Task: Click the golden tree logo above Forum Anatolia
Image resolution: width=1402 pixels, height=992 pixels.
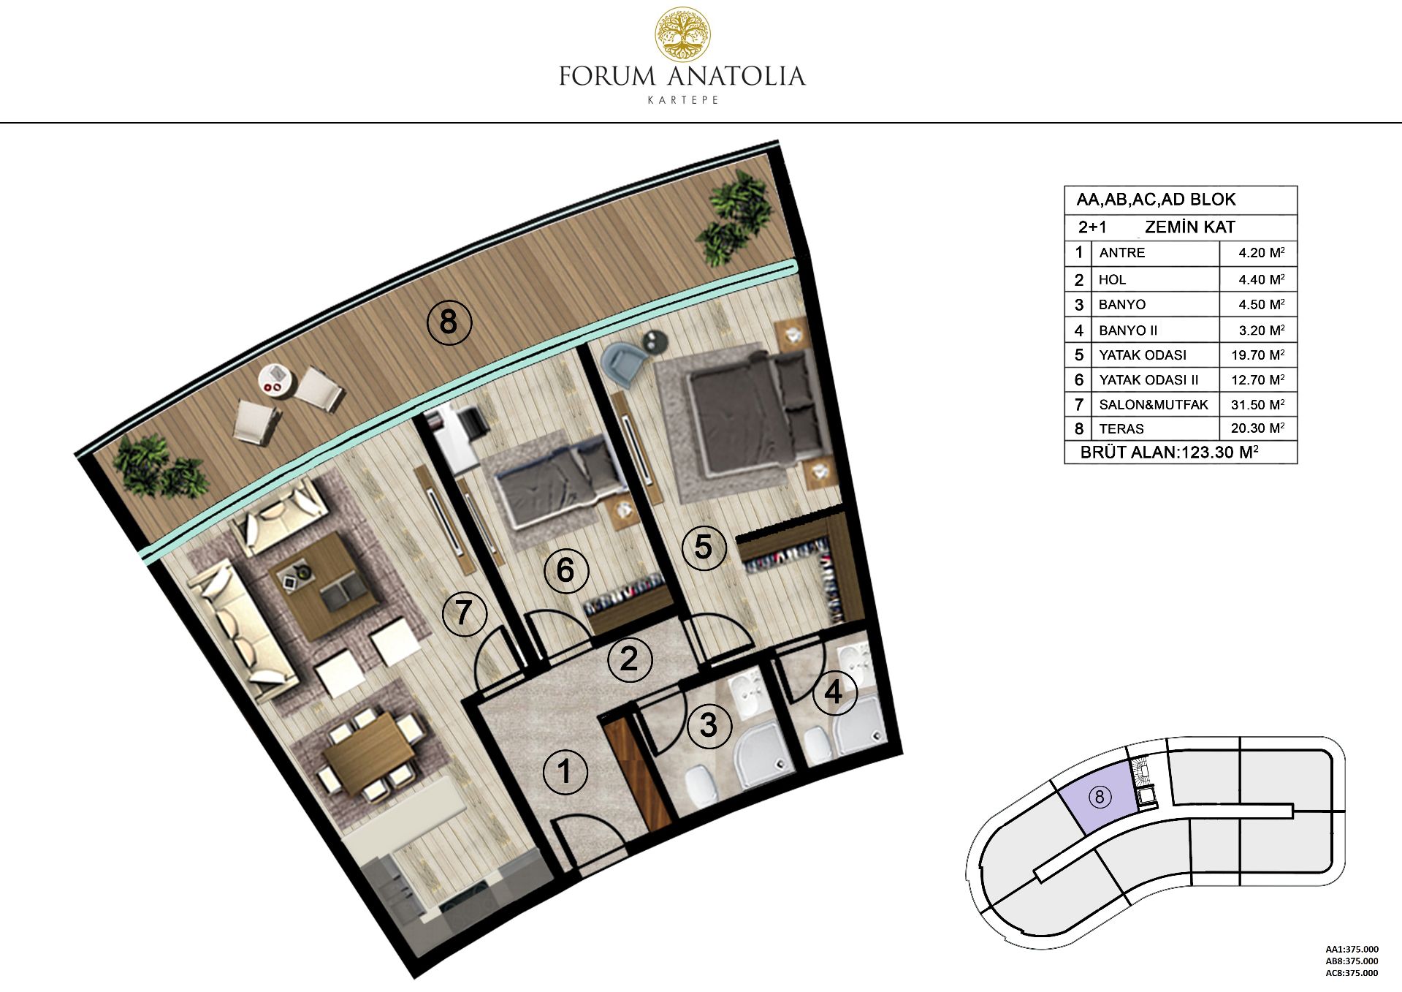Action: [682, 34]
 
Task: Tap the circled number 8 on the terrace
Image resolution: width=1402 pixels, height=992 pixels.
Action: [449, 322]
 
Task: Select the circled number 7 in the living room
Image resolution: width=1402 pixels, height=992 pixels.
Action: [465, 613]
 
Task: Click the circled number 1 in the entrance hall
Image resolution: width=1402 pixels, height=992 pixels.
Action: [565, 772]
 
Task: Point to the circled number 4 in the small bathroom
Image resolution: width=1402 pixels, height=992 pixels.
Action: [834, 692]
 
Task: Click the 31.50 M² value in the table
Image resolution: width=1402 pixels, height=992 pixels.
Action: [1257, 404]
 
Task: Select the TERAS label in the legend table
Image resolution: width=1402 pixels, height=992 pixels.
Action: [1121, 429]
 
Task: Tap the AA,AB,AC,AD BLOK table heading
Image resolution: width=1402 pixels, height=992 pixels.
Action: [1156, 200]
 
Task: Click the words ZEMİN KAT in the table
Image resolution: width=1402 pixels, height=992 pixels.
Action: [1189, 227]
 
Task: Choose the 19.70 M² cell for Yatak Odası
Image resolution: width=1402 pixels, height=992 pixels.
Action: [1257, 355]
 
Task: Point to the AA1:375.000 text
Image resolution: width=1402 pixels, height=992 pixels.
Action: [1352, 950]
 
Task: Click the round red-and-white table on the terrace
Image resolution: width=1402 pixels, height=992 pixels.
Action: [276, 379]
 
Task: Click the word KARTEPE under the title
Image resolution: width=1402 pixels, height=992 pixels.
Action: [682, 100]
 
